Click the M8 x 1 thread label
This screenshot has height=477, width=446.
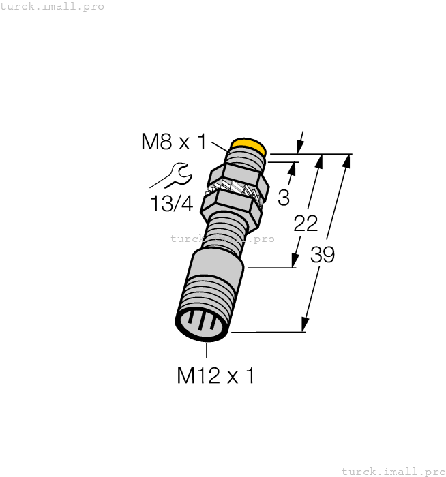pyautogui.click(x=173, y=142)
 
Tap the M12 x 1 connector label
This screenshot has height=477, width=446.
pyautogui.click(x=215, y=375)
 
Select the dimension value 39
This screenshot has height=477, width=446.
pyautogui.click(x=322, y=255)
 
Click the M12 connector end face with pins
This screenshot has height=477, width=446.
pyautogui.click(x=202, y=324)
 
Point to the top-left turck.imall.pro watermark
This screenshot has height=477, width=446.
pyautogui.click(x=53, y=6)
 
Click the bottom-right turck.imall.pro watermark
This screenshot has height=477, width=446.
pyautogui.click(x=393, y=471)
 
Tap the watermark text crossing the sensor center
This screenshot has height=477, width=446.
pyautogui.click(x=222, y=238)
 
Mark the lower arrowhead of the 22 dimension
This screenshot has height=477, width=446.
pyautogui.click(x=295, y=261)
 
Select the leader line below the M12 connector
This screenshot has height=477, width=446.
pyautogui.click(x=207, y=348)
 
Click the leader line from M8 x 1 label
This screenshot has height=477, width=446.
pyautogui.click(x=220, y=145)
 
